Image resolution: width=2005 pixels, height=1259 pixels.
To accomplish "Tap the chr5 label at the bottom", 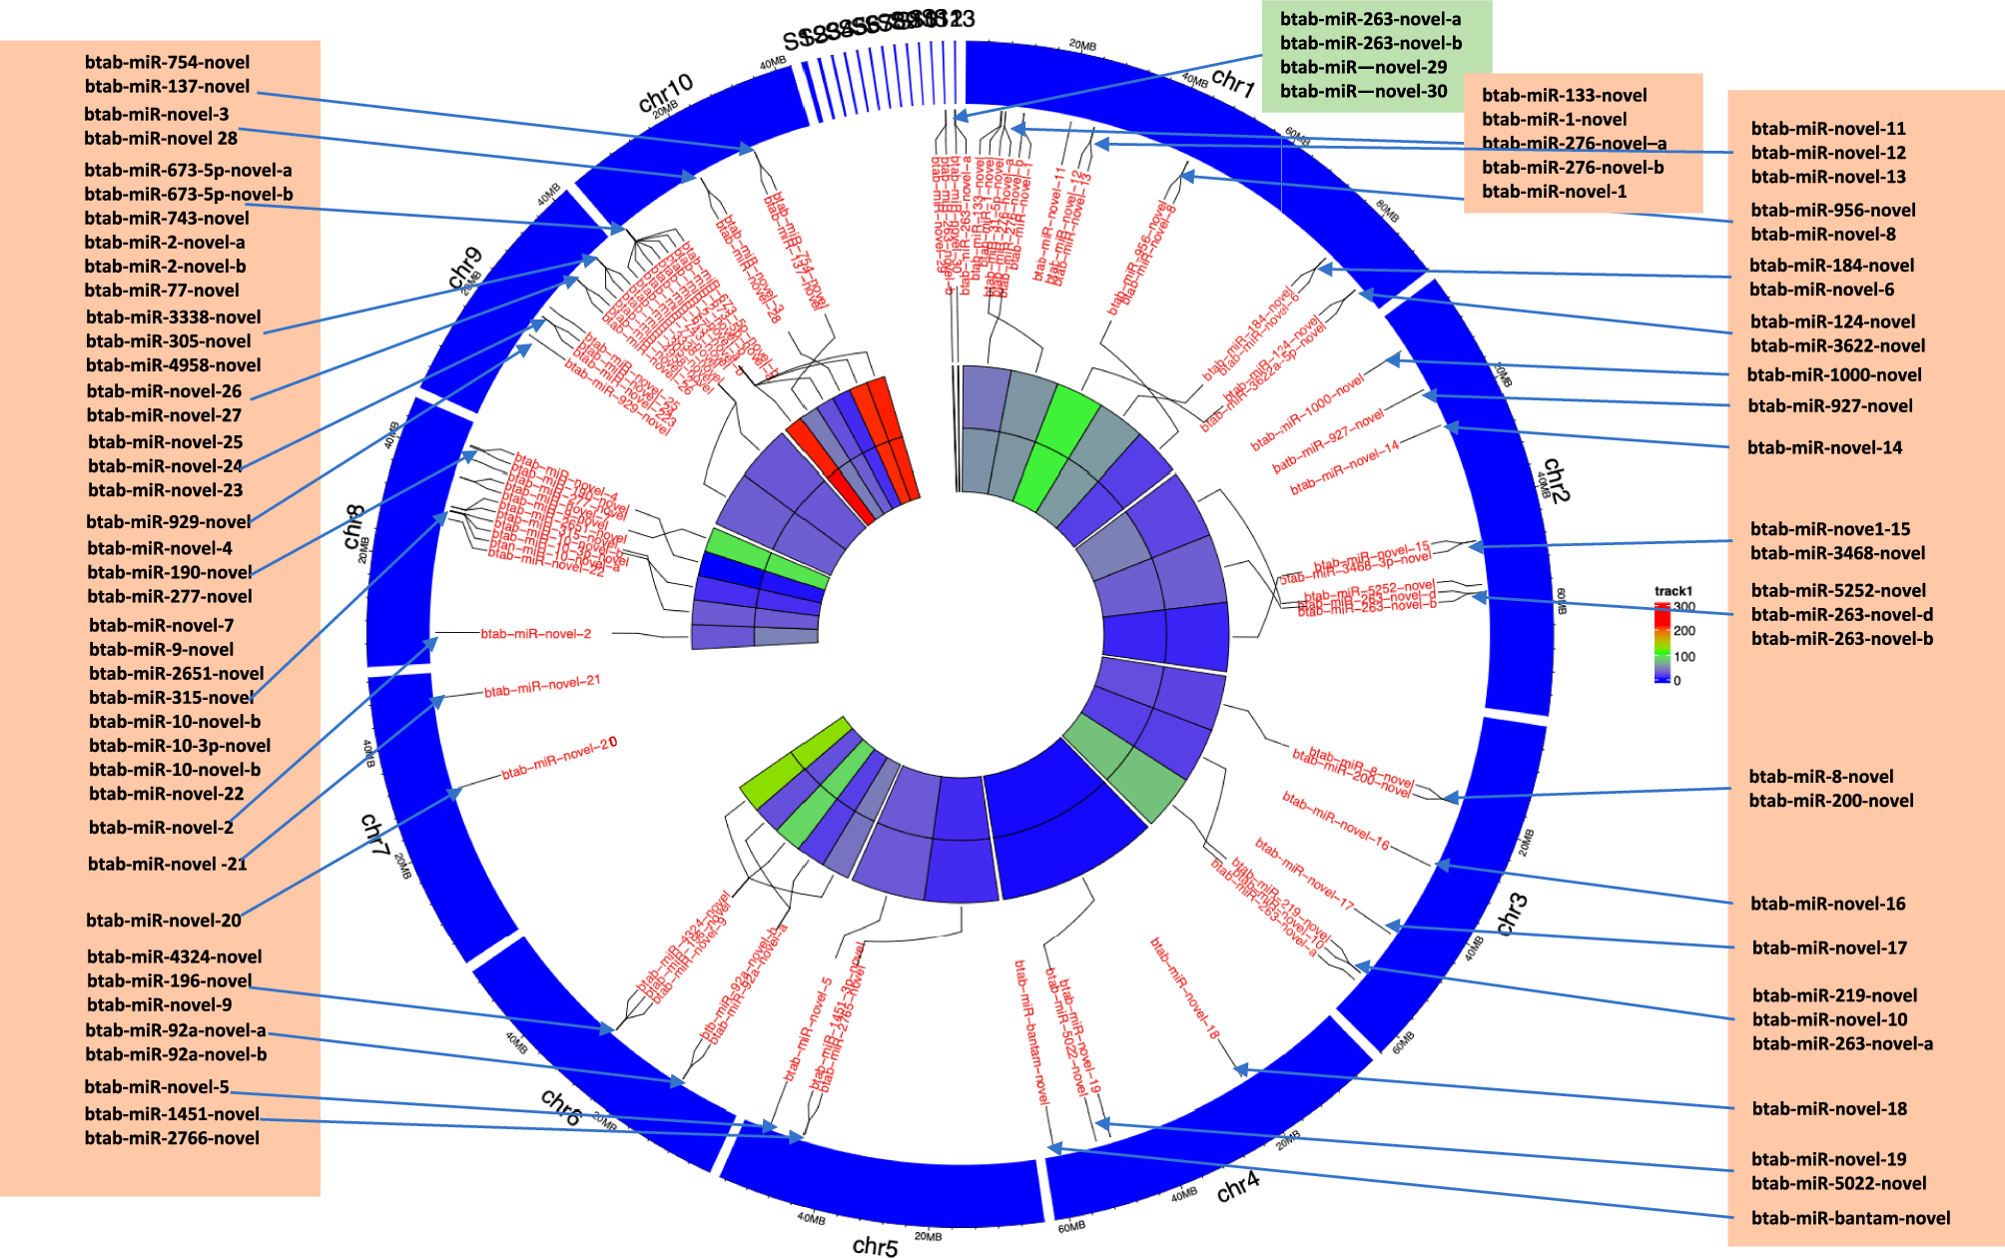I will tap(875, 1246).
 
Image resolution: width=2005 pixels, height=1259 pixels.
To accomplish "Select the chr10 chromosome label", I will tap(665, 94).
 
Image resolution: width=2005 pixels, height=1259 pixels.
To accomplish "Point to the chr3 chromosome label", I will tap(1512, 914).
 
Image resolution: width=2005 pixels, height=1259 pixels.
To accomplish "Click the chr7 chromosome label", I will tap(373, 835).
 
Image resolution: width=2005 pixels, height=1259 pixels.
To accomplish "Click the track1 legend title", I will tap(1673, 591).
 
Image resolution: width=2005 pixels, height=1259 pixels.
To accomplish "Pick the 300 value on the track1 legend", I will tap(1684, 607).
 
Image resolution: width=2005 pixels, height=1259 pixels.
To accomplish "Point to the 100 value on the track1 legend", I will tap(1684, 657).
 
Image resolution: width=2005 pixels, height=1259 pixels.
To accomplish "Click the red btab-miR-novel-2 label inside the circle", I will tap(536, 633).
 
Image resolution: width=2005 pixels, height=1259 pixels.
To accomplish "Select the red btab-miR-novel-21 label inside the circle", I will tap(542, 686).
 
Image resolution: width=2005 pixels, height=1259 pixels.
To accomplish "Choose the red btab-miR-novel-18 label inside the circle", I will tap(1185, 988).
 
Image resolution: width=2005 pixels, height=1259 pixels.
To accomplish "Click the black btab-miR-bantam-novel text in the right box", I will tap(1850, 1218).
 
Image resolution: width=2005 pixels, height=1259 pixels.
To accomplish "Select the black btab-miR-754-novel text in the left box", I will tap(167, 62).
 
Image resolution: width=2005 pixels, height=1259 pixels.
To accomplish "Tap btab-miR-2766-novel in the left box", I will tap(172, 1138).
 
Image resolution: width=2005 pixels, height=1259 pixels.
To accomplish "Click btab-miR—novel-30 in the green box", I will tap(1363, 91).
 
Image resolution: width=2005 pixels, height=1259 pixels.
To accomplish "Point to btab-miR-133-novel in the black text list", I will tap(1564, 95).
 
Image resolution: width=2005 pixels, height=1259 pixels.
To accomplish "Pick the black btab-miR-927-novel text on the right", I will tap(1830, 405).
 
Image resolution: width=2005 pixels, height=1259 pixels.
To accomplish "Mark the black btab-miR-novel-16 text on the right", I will tap(1827, 904).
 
